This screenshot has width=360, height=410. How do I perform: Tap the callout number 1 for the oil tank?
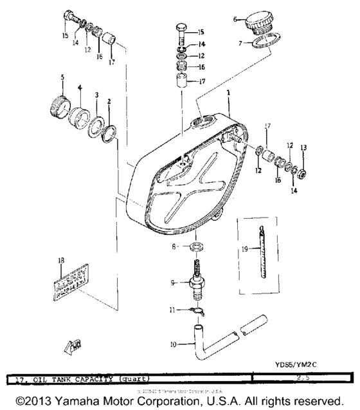(x=228, y=93)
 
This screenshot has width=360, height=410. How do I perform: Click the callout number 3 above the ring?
(x=96, y=95)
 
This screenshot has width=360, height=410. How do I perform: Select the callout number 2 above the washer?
(x=109, y=101)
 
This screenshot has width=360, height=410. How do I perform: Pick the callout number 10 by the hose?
(x=173, y=344)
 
